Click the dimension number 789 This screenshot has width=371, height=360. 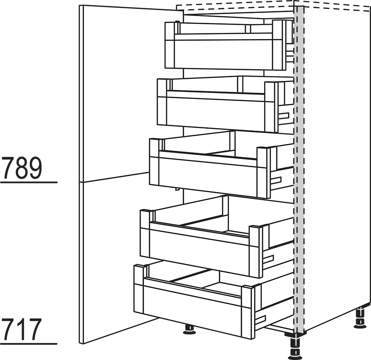click(22, 168)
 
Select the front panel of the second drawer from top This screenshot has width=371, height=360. click(216, 111)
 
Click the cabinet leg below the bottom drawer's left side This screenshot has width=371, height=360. click(189, 328)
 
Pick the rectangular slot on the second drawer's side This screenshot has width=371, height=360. click(284, 115)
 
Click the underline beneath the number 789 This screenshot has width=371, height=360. click(29, 183)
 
